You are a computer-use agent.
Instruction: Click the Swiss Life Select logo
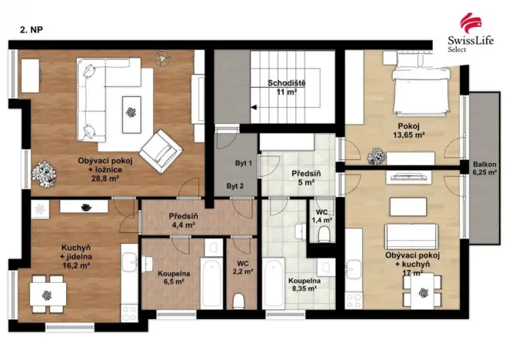click(471, 32)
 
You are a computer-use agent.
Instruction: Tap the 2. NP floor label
click(32, 30)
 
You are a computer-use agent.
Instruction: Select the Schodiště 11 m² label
click(286, 88)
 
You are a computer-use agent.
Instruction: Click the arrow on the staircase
click(254, 107)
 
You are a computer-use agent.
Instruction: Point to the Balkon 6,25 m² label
click(484, 168)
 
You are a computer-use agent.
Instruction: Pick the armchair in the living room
click(161, 151)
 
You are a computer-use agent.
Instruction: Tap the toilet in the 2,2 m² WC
click(239, 302)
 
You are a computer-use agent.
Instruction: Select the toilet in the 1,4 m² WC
click(324, 234)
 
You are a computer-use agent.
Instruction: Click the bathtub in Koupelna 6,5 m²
click(211, 283)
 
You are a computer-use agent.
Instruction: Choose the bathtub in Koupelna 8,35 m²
click(273, 283)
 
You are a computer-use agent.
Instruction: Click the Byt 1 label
click(244, 163)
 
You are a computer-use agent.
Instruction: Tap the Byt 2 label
click(235, 186)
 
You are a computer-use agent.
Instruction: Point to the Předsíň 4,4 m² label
click(184, 220)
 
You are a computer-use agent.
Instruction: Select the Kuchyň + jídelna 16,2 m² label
click(76, 257)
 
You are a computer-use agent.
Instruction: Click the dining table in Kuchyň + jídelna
click(48, 294)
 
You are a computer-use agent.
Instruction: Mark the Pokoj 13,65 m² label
click(409, 130)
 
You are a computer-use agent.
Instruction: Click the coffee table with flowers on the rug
click(131, 115)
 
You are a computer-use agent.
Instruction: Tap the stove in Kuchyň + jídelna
click(129, 313)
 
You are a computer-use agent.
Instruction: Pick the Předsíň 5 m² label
click(306, 178)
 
